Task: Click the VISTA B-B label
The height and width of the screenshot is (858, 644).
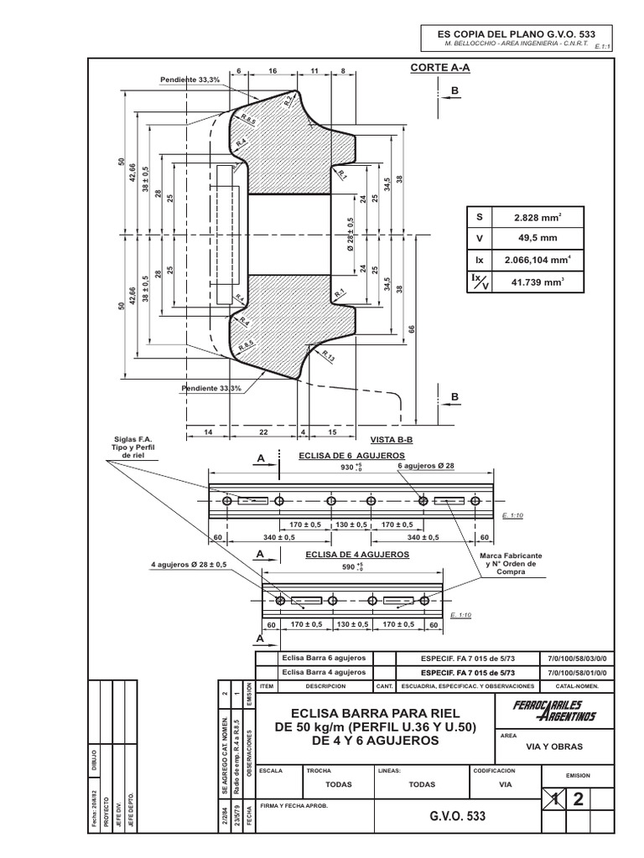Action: point(392,439)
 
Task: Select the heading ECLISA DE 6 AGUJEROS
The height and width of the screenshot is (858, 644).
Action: point(352,454)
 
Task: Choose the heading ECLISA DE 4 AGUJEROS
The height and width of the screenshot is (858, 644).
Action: point(357,555)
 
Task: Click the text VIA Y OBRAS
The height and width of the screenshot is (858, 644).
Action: point(553,747)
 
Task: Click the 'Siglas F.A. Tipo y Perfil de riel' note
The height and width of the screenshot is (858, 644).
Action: point(138,447)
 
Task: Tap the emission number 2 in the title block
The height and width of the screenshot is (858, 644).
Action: point(577,799)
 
